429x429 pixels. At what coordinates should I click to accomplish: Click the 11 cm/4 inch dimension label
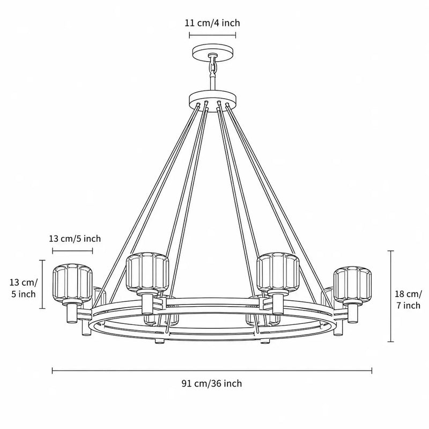tap(212, 23)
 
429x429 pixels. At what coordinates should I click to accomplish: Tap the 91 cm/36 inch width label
tap(212, 383)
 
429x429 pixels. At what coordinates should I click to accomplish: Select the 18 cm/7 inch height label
tap(408, 299)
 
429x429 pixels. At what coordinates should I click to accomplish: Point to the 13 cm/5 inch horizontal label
tap(75, 239)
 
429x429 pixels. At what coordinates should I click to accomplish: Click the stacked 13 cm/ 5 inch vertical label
tap(24, 288)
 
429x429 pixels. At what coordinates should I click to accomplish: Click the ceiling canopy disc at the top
tap(213, 52)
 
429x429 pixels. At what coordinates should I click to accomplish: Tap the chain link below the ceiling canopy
tap(213, 67)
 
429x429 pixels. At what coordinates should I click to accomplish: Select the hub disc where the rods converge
tap(212, 98)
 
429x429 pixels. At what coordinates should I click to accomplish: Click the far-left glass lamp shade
tap(72, 283)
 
